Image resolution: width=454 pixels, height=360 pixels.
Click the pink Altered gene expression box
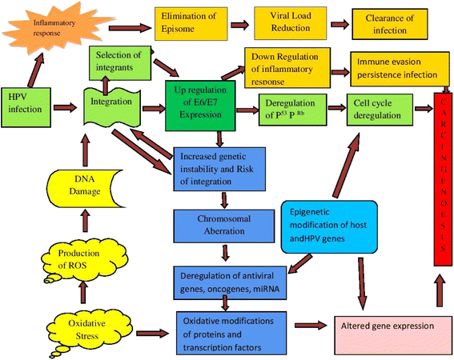coord(385,326)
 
